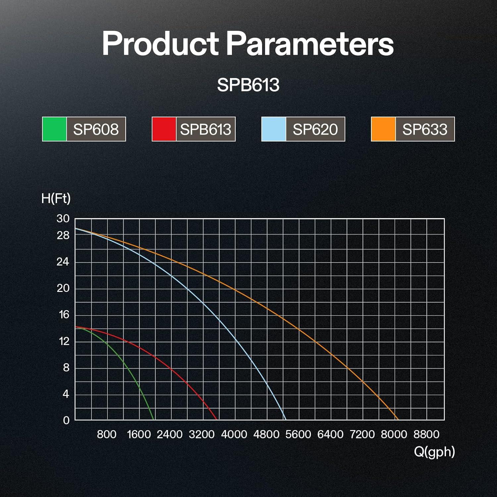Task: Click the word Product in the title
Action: pos(160,43)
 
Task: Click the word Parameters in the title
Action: pos(310,43)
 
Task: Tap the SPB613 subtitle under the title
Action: pos(248,85)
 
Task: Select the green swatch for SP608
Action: pos(55,129)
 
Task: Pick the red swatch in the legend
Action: pos(164,129)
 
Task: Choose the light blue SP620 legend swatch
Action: pos(274,129)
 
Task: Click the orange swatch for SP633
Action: pos(383,129)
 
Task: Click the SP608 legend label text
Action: pos(96,129)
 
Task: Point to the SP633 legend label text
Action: pos(425,129)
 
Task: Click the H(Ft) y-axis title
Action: pos(56,198)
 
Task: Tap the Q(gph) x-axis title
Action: pos(434,452)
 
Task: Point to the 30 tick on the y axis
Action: pos(63,219)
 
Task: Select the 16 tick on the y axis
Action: pos(64,314)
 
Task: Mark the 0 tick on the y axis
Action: pos(66,420)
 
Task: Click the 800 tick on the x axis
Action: pos(107,434)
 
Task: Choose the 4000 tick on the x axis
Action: pos(234,434)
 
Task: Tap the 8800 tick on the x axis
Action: pos(426,434)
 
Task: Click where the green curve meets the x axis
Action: pos(154,420)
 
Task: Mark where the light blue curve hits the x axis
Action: pos(285,420)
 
